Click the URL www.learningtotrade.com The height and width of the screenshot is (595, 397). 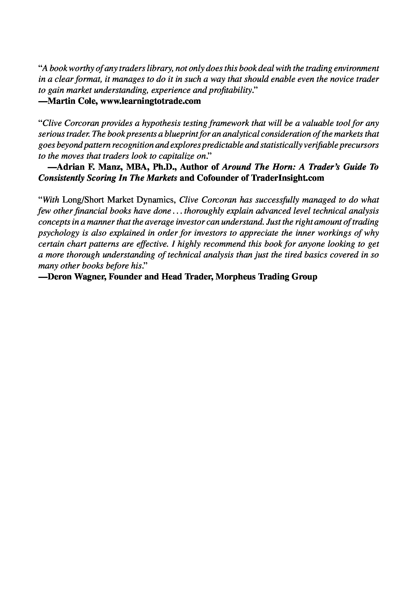(x=150, y=101)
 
